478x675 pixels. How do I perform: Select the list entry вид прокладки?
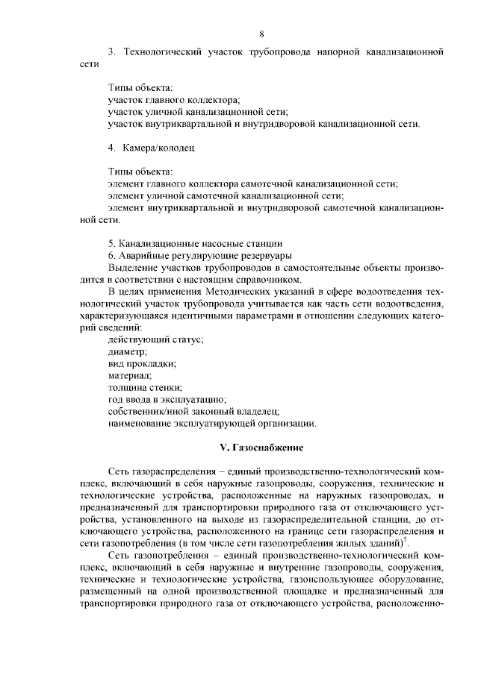coord(142,363)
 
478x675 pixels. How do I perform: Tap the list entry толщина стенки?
coord(145,387)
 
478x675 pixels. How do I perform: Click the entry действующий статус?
coord(155,339)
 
